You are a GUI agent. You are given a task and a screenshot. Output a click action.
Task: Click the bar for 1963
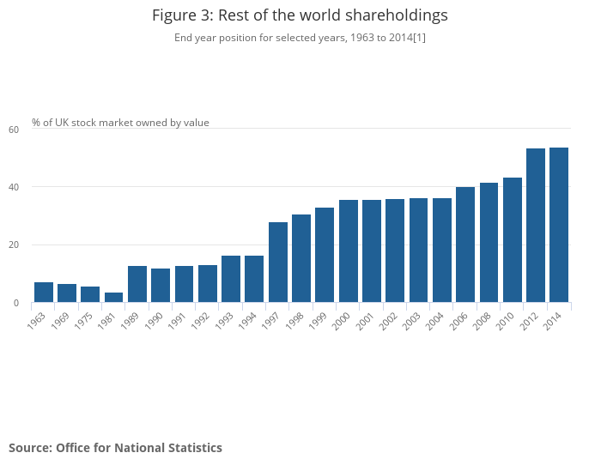44,293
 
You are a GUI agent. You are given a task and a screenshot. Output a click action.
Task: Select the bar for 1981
114,298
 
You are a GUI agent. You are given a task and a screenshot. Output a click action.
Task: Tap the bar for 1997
278,263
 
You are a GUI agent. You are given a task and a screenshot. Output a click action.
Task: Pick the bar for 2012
536,226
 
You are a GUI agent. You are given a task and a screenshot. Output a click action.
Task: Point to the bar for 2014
559,225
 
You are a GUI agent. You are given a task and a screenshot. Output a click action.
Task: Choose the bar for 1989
137,284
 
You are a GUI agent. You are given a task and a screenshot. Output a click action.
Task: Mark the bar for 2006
465,245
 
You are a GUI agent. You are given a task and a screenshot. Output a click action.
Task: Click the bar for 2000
349,251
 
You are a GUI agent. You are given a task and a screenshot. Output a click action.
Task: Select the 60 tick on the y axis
14,130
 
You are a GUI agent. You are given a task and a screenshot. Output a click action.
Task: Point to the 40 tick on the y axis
14,187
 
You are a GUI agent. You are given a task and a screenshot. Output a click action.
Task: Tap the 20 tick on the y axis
14,245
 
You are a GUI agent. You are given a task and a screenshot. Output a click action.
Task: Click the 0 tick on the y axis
15,303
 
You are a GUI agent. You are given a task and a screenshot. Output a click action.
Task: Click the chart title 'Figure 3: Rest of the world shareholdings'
300,15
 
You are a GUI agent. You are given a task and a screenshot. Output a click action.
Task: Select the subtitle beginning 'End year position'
300,38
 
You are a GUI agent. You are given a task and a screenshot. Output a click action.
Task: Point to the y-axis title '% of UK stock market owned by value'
120,123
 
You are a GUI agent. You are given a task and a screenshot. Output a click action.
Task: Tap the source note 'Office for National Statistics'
115,448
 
